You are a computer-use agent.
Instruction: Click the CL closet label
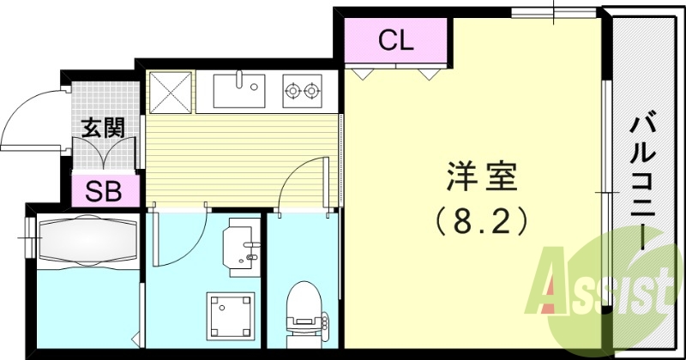pyautogui.click(x=396, y=39)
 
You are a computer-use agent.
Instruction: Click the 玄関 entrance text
pyautogui.click(x=104, y=129)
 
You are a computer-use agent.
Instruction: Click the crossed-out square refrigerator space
pyautogui.click(x=170, y=91)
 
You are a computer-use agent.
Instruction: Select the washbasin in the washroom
pyautogui.click(x=242, y=243)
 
